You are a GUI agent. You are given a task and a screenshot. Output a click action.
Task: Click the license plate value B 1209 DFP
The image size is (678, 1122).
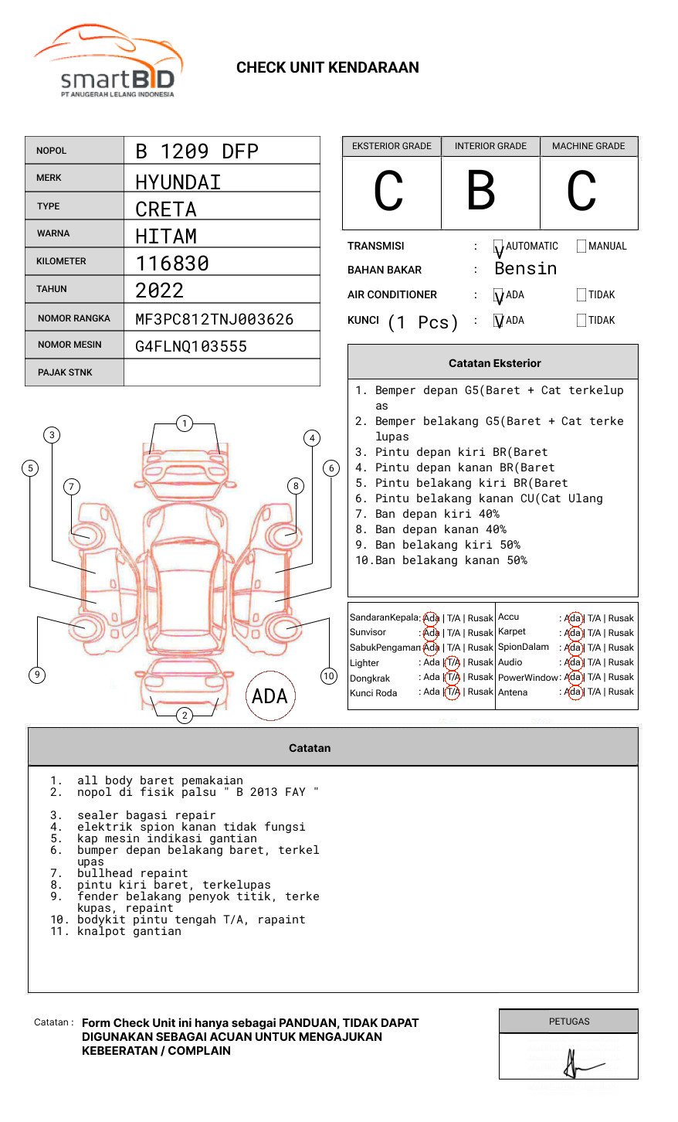click(197, 151)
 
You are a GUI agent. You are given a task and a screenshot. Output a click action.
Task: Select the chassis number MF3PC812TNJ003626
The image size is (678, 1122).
click(214, 319)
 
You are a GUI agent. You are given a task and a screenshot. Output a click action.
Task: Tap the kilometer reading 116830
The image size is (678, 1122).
click(172, 263)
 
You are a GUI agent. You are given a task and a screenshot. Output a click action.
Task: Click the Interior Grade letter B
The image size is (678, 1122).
click(481, 191)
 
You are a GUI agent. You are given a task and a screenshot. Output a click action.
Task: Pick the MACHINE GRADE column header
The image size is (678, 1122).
click(588, 146)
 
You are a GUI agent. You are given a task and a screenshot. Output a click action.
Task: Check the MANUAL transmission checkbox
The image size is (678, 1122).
click(581, 246)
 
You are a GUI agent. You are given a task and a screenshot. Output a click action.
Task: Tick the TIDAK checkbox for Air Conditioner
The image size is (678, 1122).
click(581, 295)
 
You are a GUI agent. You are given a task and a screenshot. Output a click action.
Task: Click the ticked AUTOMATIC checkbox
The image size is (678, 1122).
click(499, 247)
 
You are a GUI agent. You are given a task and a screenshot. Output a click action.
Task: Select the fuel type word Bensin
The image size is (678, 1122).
click(525, 269)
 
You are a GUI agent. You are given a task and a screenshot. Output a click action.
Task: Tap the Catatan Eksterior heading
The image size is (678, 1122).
click(494, 363)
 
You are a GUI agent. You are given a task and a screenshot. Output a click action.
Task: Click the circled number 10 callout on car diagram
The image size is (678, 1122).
click(329, 676)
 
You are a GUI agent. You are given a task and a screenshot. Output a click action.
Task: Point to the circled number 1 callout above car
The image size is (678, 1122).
click(184, 423)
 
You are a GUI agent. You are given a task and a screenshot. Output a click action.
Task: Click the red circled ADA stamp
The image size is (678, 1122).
click(270, 696)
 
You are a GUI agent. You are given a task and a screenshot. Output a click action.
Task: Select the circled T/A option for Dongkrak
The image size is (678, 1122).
click(453, 677)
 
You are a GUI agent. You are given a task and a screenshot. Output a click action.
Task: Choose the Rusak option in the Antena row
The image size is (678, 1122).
click(621, 692)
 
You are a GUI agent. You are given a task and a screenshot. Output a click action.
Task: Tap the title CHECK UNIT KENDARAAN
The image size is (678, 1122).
click(327, 68)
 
